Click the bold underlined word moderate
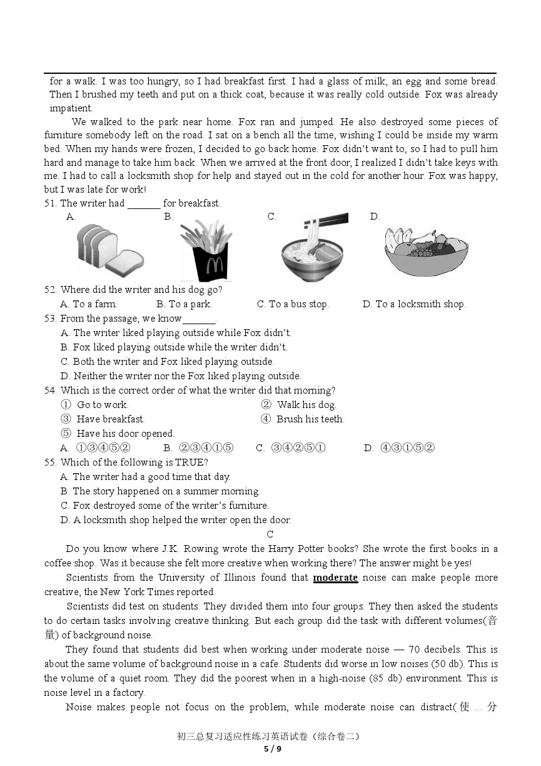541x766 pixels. [x=335, y=578]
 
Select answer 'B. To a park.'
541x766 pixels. [x=184, y=304]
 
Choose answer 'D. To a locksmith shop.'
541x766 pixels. [x=414, y=304]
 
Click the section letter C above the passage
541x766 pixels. [x=270, y=534]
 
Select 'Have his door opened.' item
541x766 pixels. [x=125, y=434]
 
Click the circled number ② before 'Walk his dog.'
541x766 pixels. [x=266, y=405]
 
